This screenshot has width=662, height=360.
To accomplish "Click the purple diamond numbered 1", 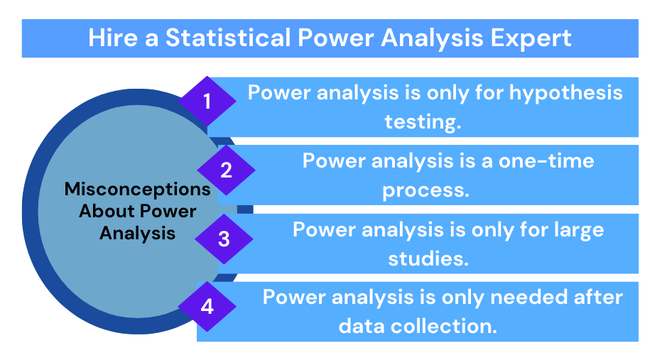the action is point(207,102).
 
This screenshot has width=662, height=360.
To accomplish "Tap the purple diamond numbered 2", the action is point(227,170).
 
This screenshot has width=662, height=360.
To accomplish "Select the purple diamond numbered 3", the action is point(224,239).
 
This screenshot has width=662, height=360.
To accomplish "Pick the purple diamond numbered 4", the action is point(207,307).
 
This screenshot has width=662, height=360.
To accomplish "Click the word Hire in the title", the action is point(113,38).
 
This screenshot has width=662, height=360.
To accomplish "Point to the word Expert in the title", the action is point(531,38).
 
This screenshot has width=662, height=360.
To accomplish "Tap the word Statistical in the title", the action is point(228,38).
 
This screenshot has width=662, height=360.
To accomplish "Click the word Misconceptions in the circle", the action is point(138,190).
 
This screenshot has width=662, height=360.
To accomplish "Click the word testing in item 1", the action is point(423,122).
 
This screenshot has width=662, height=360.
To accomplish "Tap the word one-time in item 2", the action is point(546,161).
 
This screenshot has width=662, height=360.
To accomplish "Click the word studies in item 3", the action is point(428,258).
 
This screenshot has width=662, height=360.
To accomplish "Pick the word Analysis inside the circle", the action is point(138,234).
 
